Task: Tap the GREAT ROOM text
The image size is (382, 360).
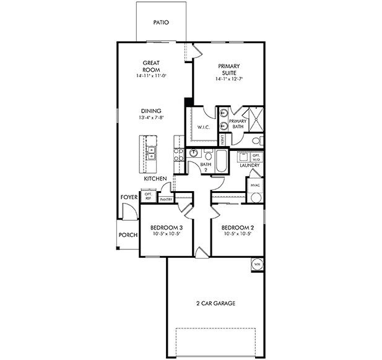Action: (152, 66)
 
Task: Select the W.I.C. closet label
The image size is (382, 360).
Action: (203, 127)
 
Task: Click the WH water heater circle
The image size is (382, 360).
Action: (257, 265)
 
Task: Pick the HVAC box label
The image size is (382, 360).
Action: (254, 185)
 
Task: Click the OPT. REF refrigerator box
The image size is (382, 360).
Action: (149, 196)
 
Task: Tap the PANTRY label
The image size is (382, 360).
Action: (165, 200)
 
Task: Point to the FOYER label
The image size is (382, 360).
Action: (129, 197)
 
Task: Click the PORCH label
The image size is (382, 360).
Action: (128, 234)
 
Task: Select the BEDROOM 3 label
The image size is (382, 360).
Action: (166, 227)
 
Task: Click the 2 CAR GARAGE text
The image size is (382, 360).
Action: (215, 303)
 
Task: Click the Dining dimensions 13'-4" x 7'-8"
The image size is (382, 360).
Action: (151, 117)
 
